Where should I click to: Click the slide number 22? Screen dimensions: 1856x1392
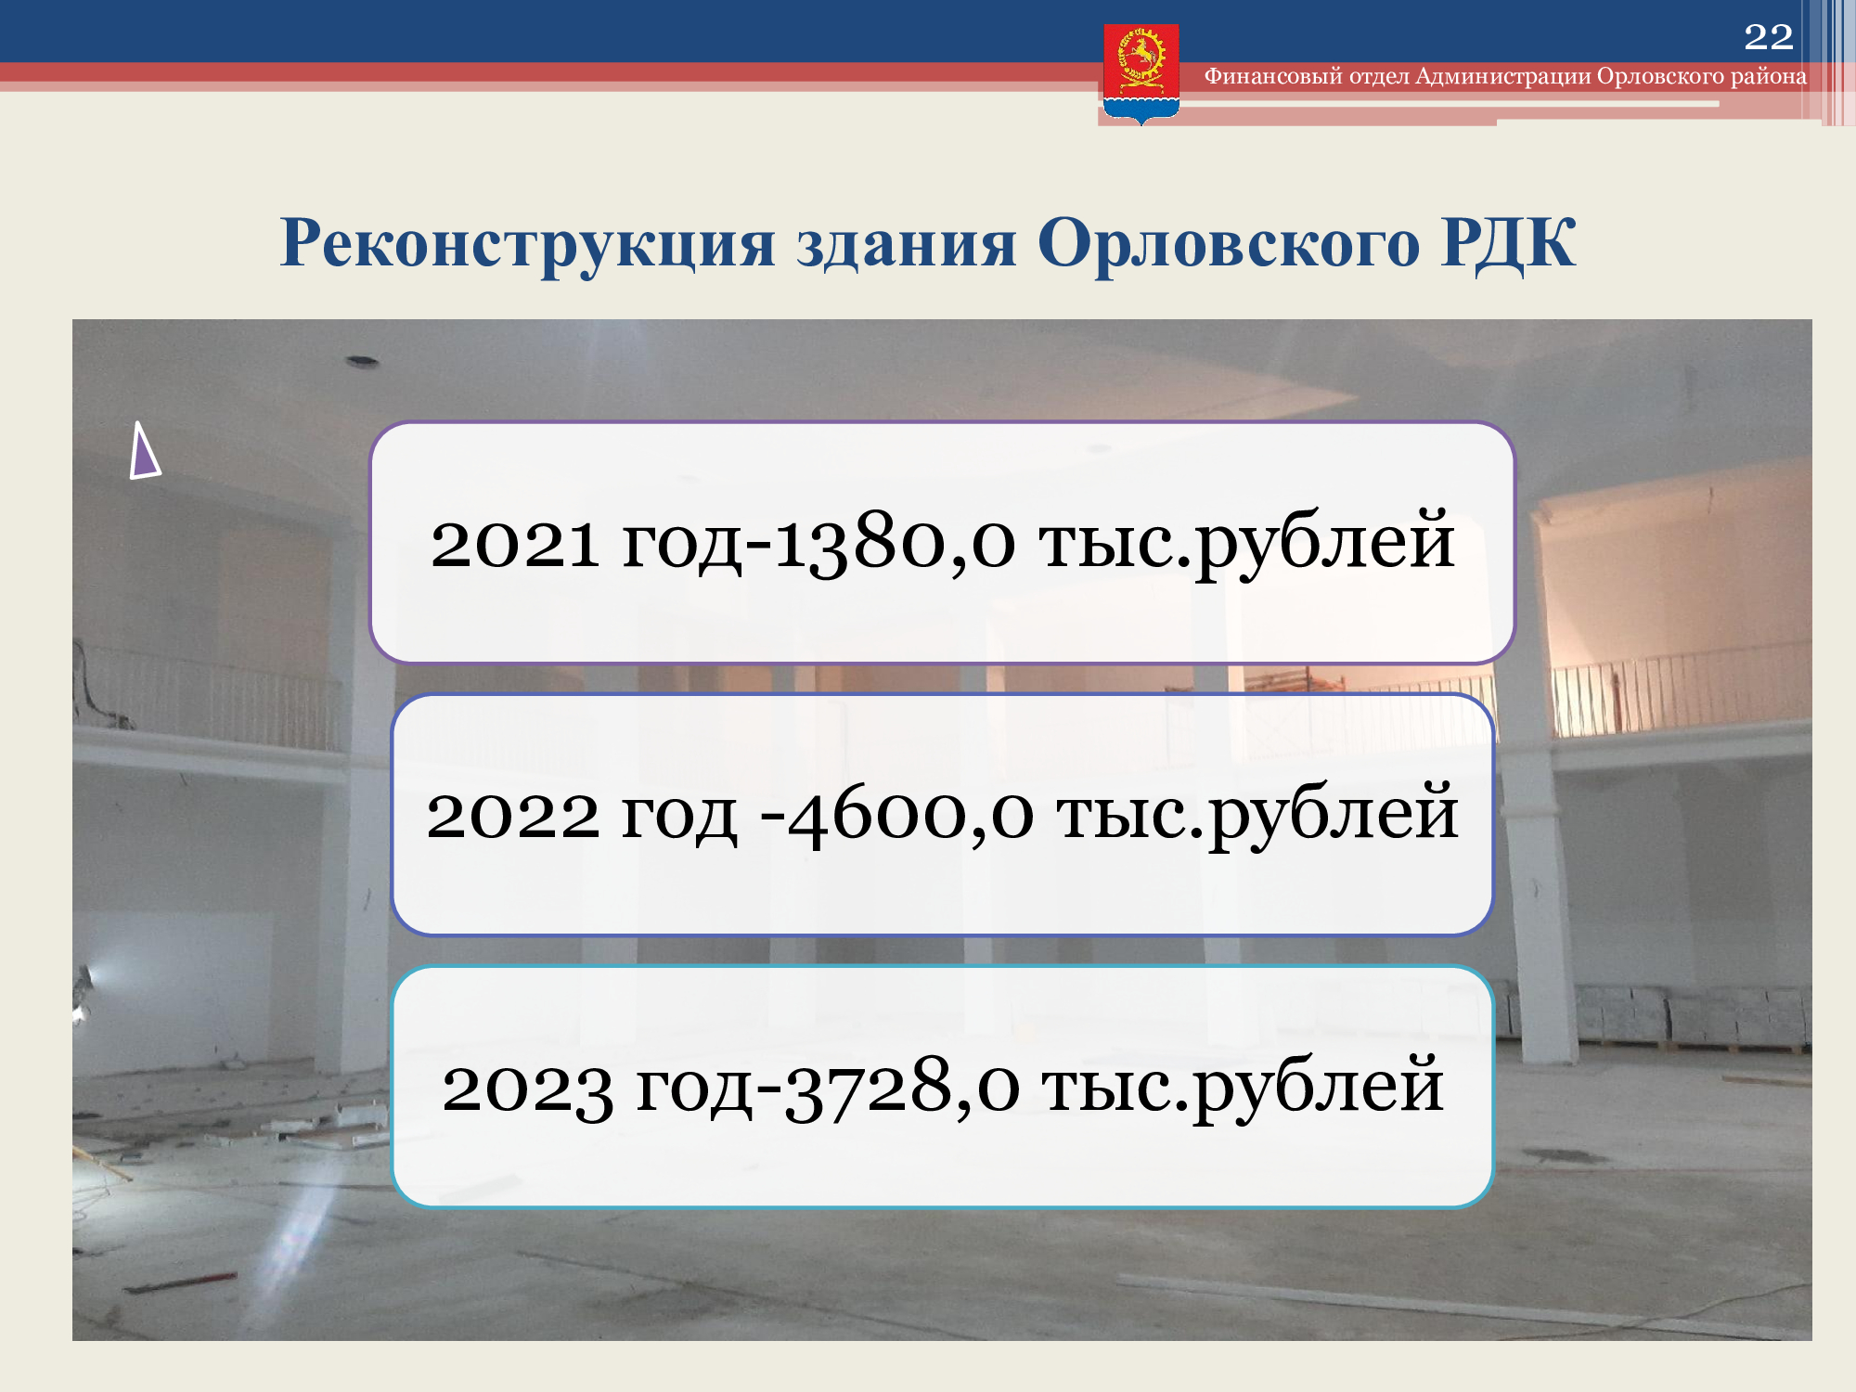(1769, 37)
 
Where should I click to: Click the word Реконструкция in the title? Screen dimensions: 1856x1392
(527, 244)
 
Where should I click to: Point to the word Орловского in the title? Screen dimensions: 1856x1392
(1229, 244)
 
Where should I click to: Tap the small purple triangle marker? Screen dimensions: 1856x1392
(144, 452)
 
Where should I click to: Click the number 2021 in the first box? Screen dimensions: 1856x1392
(514, 543)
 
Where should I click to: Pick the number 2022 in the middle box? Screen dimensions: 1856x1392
(513, 815)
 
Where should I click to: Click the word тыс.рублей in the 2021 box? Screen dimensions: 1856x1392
(1246, 543)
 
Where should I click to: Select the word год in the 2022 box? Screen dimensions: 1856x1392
(679, 817)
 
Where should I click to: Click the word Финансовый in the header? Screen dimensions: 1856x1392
(1273, 76)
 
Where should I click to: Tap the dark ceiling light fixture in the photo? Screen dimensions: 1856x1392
(362, 361)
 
